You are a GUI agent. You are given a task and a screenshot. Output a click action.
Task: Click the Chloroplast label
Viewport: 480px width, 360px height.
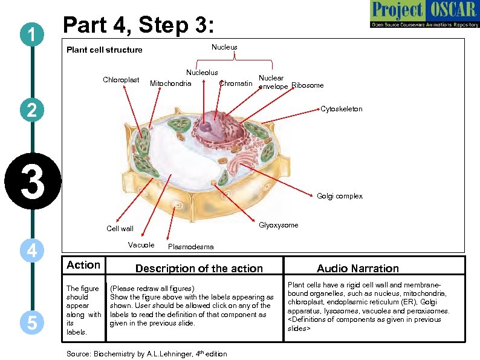tap(121, 80)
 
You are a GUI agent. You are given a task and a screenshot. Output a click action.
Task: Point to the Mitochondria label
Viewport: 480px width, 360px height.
tap(170, 83)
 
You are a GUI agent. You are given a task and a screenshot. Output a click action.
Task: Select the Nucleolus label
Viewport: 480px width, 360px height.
tap(202, 73)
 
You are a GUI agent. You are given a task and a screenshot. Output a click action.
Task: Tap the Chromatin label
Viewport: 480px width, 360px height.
tap(236, 83)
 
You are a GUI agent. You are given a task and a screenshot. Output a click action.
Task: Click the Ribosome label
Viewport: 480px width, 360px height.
tap(308, 85)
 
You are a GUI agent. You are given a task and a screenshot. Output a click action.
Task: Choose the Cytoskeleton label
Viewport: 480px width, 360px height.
tap(342, 109)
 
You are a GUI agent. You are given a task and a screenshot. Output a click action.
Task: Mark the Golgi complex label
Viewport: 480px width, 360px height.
tap(340, 196)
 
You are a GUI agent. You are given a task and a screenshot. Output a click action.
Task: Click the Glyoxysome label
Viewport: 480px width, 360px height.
tap(278, 225)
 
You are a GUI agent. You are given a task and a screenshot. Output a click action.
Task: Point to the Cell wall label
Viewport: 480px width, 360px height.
tap(120, 229)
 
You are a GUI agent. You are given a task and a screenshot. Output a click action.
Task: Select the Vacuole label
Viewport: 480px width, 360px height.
tap(141, 244)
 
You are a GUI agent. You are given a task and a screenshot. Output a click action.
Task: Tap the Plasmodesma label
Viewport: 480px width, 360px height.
tap(190, 247)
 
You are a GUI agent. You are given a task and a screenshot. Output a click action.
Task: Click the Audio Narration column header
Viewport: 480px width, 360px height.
tap(358, 268)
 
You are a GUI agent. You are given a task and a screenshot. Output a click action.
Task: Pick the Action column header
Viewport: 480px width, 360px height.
tap(83, 265)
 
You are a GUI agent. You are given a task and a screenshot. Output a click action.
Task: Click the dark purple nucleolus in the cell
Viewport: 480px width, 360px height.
tap(207, 127)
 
